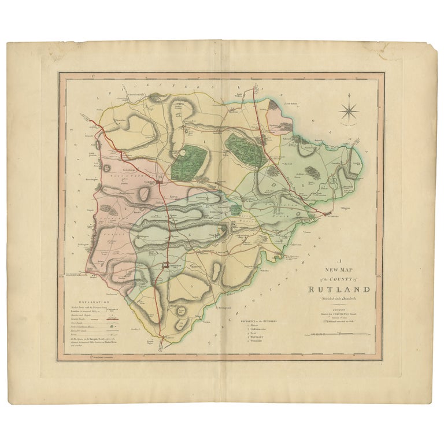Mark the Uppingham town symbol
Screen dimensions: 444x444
click(166, 265)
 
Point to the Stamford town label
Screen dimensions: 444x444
click(330, 219)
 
